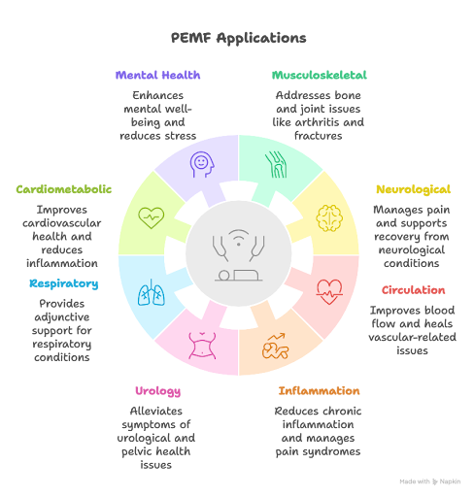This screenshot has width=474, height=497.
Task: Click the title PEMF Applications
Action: click(238, 38)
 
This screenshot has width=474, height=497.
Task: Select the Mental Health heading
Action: click(157, 75)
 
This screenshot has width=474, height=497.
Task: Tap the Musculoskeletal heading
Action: click(320, 75)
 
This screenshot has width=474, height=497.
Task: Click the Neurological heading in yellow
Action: click(413, 189)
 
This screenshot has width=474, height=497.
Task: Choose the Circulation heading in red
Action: click(413, 290)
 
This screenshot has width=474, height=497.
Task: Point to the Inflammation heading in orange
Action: click(319, 390)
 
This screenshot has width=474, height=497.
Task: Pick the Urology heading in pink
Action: click(157, 391)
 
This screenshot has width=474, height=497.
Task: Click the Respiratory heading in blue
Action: click(64, 283)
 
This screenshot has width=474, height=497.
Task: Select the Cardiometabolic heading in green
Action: click(64, 189)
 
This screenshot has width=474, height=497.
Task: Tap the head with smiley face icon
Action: click(202, 164)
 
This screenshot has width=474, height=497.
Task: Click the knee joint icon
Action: click(276, 164)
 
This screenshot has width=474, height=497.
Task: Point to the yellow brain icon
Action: click(329, 218)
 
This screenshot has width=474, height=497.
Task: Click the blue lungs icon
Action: click(152, 292)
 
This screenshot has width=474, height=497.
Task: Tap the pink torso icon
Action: click(202, 346)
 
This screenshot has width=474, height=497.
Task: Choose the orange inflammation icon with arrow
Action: click(275, 346)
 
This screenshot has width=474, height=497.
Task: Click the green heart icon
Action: click(152, 218)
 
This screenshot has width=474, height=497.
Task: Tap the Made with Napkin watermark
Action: click(430, 481)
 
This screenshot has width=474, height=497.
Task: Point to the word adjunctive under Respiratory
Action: click(62, 317)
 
